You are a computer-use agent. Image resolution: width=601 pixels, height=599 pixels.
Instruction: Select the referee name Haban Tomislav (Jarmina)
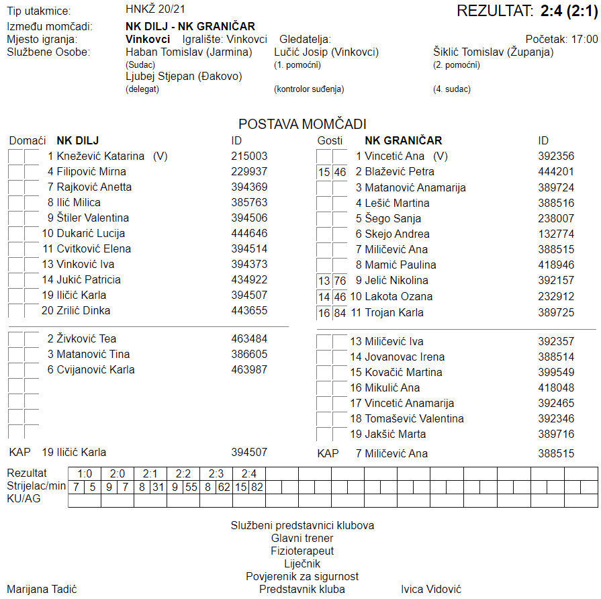tap(189, 52)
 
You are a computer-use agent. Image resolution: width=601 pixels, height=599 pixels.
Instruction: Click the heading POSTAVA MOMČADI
tap(302, 124)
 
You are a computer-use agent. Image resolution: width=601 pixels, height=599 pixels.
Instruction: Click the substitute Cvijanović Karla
tap(91, 369)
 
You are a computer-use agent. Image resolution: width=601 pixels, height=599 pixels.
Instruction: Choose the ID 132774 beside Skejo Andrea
tap(556, 234)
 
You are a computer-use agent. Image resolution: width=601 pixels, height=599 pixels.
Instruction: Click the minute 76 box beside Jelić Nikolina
tap(340, 281)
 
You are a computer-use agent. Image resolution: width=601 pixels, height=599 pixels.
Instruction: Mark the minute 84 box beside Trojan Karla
tap(340, 313)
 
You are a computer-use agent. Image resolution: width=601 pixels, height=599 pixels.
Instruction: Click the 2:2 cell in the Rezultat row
tap(183, 473)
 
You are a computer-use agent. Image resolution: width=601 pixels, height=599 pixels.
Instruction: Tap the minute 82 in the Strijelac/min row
tap(257, 486)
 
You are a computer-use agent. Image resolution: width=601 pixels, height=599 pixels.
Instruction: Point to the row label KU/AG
tap(25, 499)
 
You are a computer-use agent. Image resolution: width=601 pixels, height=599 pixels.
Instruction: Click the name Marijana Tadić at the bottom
tap(42, 589)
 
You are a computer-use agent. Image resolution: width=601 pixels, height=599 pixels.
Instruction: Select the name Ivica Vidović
tap(431, 589)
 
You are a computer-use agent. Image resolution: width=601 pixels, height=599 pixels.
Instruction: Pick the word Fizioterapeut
tap(302, 551)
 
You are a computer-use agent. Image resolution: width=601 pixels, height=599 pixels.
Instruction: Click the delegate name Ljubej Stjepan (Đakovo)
tap(184, 77)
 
